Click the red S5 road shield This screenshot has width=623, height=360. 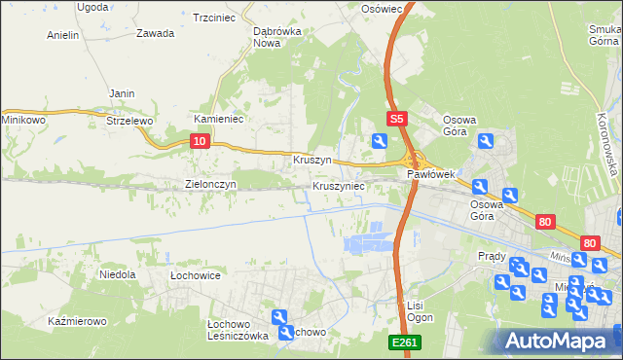pos(395,119)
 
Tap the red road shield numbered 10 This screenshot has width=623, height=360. pos(199,141)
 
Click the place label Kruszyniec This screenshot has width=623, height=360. pos(339,185)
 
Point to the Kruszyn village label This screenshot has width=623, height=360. pos(312,159)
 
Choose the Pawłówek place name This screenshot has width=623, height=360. pos(431,174)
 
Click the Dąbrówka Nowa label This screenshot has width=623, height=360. pos(275,37)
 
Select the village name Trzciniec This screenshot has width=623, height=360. pos(216,18)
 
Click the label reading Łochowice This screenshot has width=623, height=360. pos(195,275)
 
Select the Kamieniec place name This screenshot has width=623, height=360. pos(218,119)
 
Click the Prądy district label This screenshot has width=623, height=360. pos(492,256)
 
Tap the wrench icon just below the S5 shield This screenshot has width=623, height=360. pos(379,141)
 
